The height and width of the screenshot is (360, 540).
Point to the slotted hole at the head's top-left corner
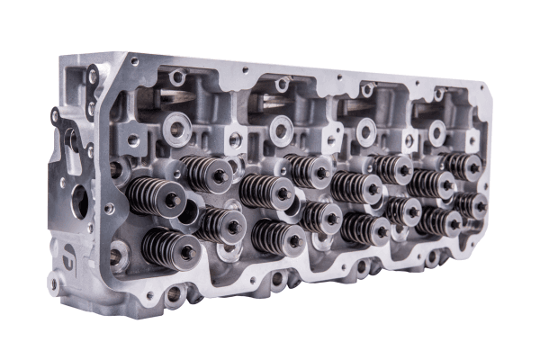pyautogui.click(x=93, y=77)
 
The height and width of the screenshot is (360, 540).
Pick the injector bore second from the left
pyautogui.click(x=280, y=130)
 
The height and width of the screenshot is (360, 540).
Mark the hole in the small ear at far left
pyautogui.click(x=55, y=116)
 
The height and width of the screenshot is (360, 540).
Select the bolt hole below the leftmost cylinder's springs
pyautogui.click(x=174, y=293)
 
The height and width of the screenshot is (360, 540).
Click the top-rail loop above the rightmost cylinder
pyautogui.click(x=438, y=93)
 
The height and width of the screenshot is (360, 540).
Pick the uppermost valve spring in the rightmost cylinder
pyautogui.click(x=462, y=166)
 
